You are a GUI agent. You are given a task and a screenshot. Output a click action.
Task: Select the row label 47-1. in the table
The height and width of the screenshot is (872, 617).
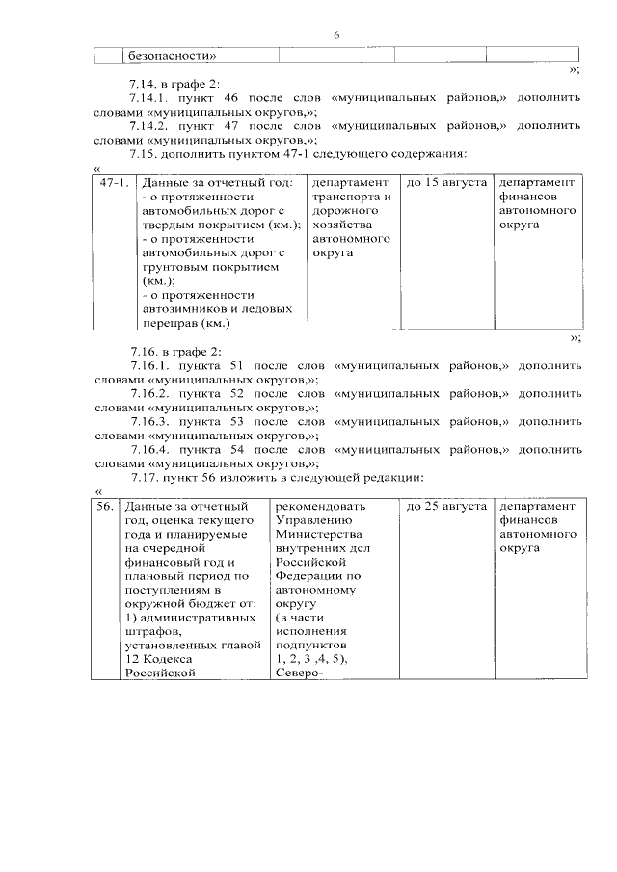(x=115, y=183)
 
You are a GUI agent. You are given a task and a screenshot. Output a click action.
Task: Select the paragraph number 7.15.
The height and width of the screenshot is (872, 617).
(x=143, y=153)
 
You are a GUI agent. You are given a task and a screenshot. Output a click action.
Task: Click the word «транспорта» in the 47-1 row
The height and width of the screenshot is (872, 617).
(x=344, y=198)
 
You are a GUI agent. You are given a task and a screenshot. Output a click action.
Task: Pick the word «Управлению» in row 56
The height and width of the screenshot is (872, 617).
(x=313, y=520)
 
